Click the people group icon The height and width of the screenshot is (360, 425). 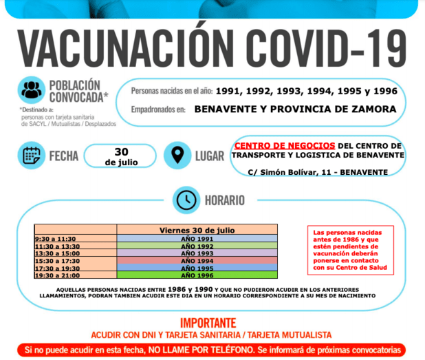[31, 90]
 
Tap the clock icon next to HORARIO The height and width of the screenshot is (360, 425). [186, 200]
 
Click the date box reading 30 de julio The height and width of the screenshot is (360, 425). [121, 157]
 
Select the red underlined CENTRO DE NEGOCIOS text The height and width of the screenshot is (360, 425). [285, 146]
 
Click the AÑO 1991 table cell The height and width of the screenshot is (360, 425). [196, 239]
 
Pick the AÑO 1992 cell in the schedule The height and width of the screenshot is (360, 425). [196, 246]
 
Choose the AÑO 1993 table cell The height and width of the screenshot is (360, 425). [196, 253]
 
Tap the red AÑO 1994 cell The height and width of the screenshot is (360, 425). [196, 261]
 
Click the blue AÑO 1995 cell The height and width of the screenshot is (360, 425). [196, 268]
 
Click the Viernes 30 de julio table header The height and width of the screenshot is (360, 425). [197, 230]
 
